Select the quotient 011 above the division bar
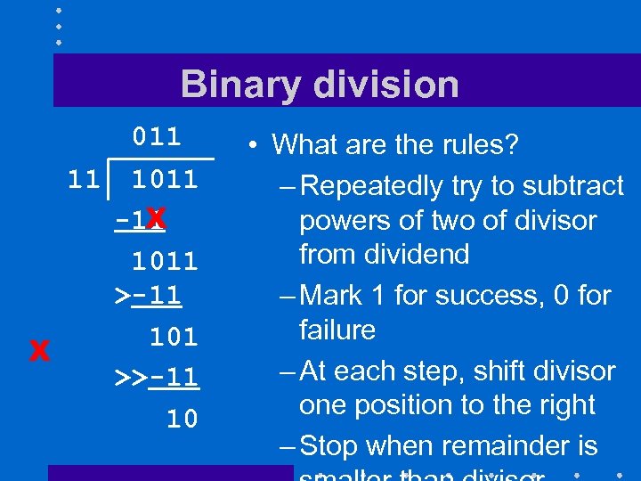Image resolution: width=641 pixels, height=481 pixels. click(157, 137)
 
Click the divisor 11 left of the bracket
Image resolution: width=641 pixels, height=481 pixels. click(85, 179)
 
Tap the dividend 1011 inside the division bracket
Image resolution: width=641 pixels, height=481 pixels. click(165, 179)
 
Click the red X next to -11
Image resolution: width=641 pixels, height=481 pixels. click(156, 218)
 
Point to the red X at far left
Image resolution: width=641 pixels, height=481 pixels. click(37, 352)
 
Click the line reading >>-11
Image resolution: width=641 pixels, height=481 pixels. click(157, 378)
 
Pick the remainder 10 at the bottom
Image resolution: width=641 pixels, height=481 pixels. click(183, 419)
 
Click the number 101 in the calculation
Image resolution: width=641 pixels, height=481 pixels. click(173, 338)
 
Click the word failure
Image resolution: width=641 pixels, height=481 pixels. click(337, 330)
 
